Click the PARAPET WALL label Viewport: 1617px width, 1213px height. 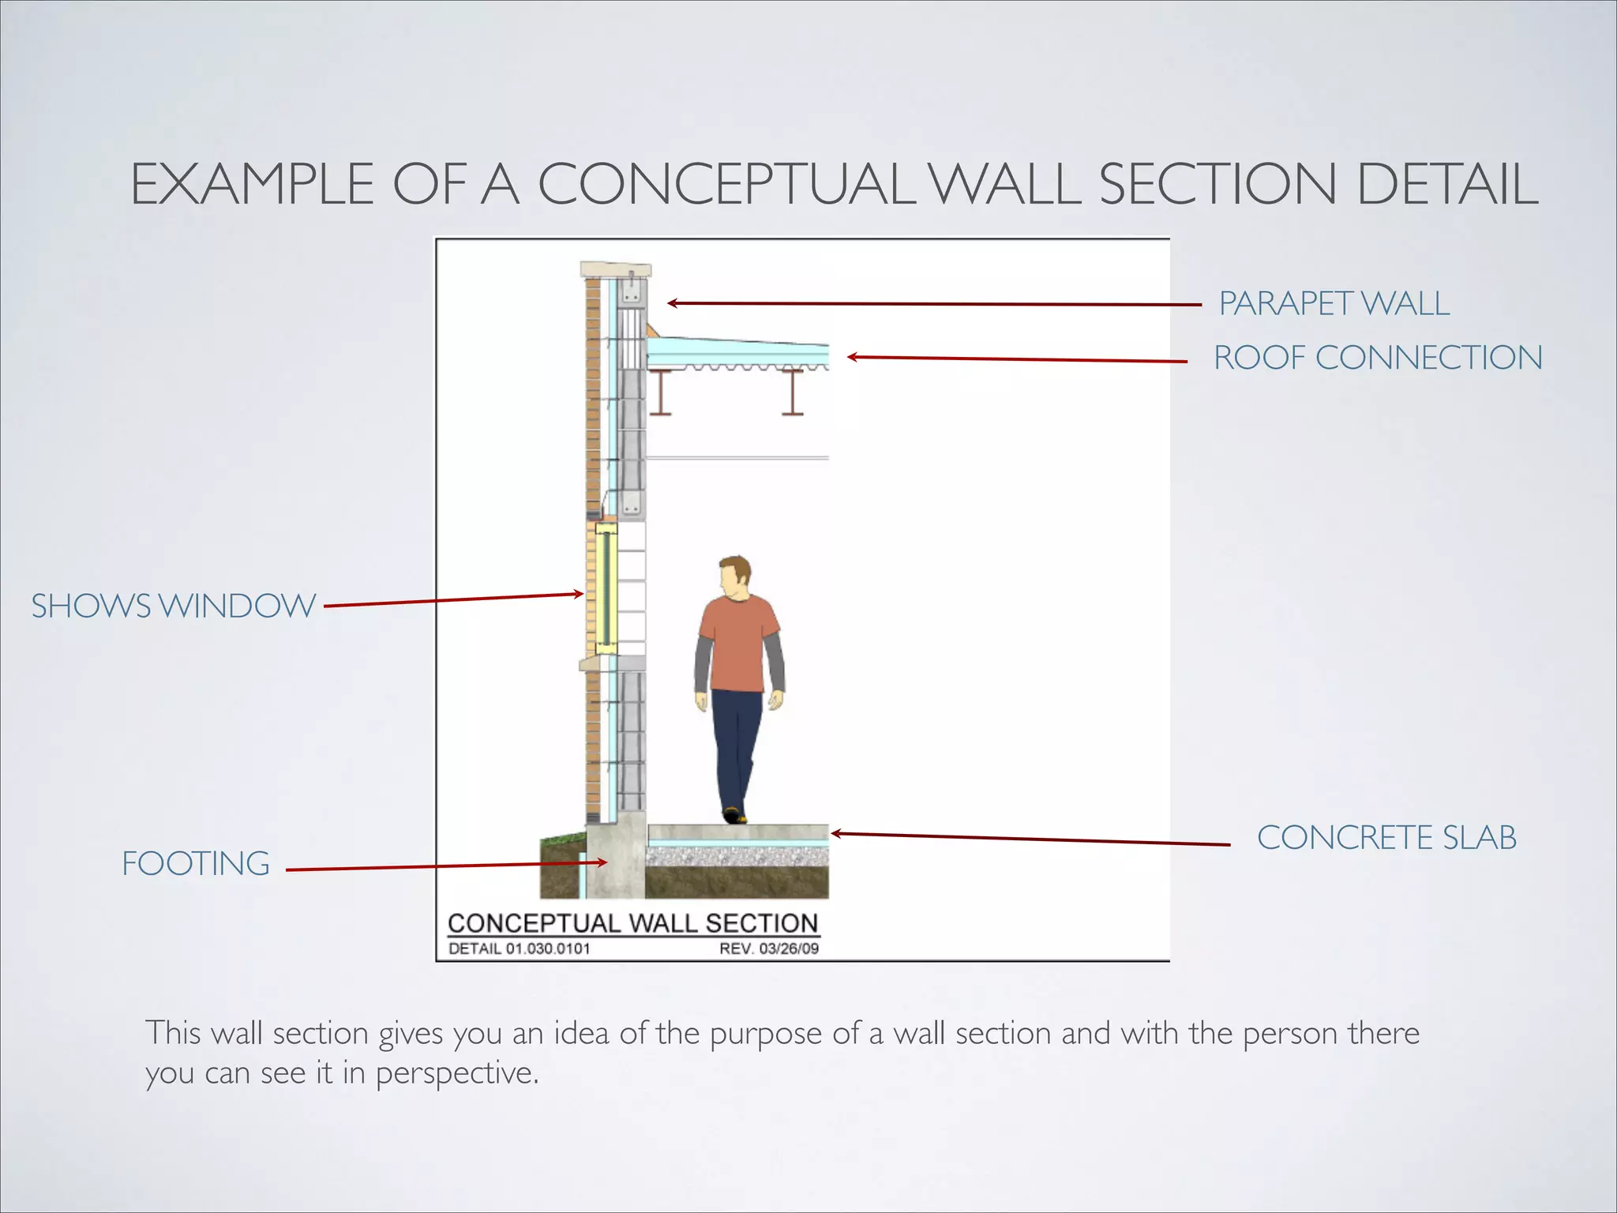[x=1334, y=303]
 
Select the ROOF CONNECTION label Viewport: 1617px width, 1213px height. [x=1378, y=358]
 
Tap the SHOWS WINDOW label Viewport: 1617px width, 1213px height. [x=174, y=606]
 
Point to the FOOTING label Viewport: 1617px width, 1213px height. [x=196, y=863]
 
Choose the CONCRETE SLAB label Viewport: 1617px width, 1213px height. [x=1386, y=837]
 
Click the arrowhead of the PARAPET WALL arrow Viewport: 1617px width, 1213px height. [x=671, y=302]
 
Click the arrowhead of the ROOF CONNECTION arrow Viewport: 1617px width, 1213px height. [x=851, y=357]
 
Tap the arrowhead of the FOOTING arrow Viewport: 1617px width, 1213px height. [x=604, y=862]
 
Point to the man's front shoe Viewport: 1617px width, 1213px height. [x=735, y=815]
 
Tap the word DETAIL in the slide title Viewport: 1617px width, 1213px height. [x=1446, y=184]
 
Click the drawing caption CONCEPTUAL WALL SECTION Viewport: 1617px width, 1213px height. [x=632, y=923]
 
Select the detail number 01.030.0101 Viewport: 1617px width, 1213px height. [x=548, y=948]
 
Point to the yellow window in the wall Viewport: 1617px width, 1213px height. [x=602, y=588]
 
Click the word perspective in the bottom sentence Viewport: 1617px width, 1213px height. [x=457, y=1073]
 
